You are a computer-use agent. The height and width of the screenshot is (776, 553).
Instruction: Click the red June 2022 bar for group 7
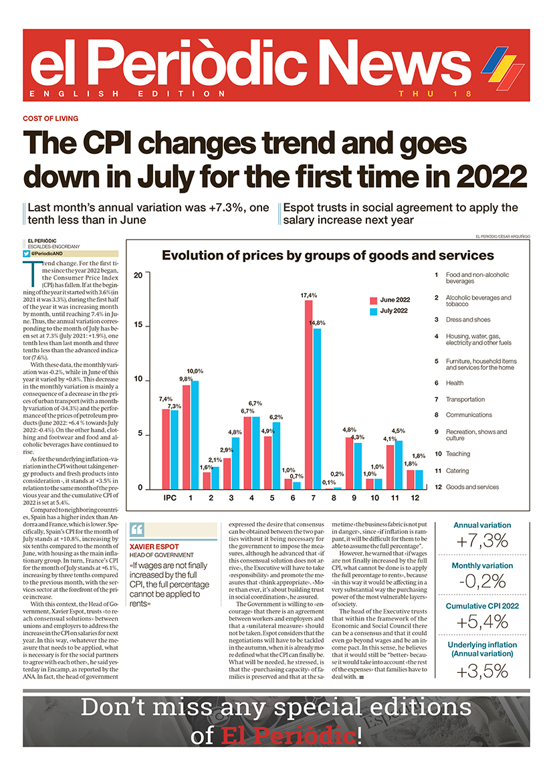point(309,395)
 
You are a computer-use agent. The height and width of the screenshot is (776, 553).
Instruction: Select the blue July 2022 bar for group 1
point(195,435)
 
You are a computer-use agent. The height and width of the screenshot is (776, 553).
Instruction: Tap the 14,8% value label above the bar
point(318,323)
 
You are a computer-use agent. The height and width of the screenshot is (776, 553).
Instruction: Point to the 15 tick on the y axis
point(137,326)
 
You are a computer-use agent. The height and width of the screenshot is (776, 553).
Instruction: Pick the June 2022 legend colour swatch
point(374,300)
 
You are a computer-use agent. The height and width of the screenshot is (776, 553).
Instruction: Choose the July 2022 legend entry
point(395,311)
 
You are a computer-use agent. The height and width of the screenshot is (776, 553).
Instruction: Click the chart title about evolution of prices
point(328,256)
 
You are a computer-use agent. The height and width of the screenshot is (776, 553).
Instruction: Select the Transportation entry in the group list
point(465,399)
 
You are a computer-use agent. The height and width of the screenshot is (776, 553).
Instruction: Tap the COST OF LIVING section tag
point(51,118)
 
